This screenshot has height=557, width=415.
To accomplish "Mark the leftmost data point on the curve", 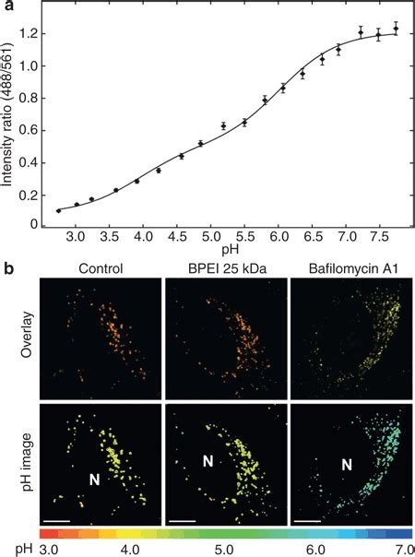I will tap(58, 211).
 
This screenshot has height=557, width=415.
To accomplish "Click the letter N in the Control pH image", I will tap(93, 480).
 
